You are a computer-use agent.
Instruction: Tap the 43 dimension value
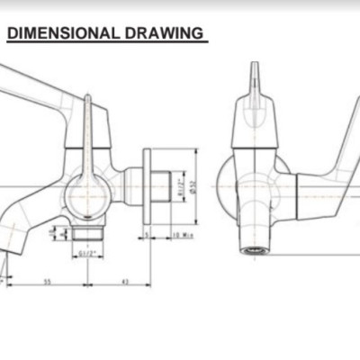click(x=124, y=282)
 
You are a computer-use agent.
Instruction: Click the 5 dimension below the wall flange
click(x=145, y=236)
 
